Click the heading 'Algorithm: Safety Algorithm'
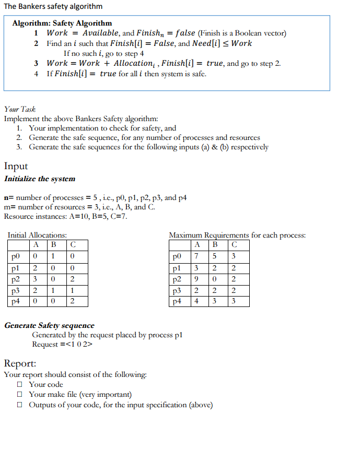click(62, 23)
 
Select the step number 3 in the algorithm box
click(36, 63)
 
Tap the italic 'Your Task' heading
click(20, 109)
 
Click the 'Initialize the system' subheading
click(40, 179)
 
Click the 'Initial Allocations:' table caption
click(37, 235)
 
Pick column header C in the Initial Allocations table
click(73, 245)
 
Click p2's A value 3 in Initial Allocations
click(35, 279)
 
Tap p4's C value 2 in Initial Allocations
click(73, 301)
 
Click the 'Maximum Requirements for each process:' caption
click(237, 235)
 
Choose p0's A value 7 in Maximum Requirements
click(195, 256)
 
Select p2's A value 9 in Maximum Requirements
click(195, 279)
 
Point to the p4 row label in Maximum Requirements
click(178, 301)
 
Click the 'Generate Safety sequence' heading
click(50, 325)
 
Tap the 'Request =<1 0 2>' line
click(62, 344)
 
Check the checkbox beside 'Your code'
click(19, 385)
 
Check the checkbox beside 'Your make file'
click(19, 395)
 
